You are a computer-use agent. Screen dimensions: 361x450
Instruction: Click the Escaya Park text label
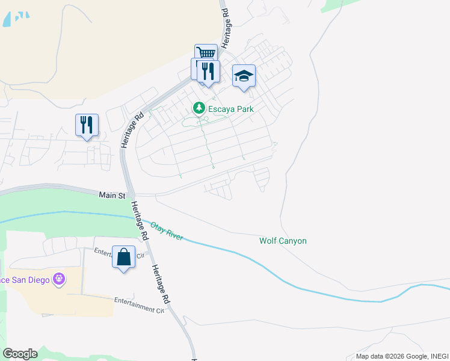pos(231,109)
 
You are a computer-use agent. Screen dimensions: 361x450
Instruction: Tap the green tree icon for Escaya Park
pos(199,108)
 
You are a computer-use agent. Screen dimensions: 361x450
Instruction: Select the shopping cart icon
pos(206,54)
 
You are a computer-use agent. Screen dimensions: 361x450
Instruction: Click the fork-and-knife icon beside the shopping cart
pos(208,71)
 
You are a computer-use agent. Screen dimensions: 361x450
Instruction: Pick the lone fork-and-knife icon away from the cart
pos(87,125)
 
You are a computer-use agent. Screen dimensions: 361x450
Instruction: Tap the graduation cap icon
pos(244,76)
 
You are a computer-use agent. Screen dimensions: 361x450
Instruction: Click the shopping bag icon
pos(123,258)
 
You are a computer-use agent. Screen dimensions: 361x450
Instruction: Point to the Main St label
pos(112,196)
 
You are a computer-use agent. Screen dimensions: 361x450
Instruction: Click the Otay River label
pos(167,232)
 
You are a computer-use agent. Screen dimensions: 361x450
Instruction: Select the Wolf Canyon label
pos(283,241)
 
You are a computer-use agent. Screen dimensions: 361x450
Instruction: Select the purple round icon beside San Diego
pos(58,279)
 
